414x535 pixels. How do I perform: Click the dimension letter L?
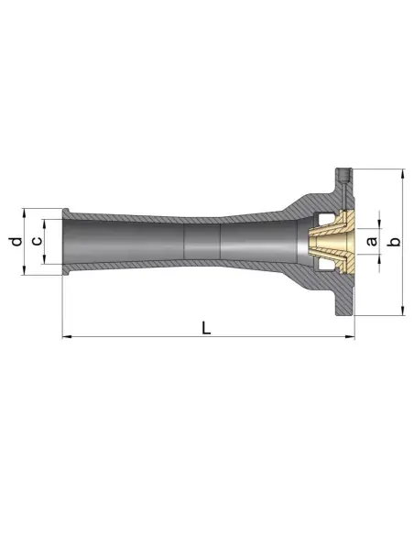pyautogui.click(x=207, y=326)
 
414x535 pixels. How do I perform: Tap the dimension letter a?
pyautogui.click(x=371, y=242)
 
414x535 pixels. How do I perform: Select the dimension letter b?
pyautogui.click(x=394, y=242)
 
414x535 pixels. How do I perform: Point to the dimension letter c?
pyautogui.click(x=36, y=241)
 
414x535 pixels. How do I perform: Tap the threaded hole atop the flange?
pyautogui.click(x=343, y=174)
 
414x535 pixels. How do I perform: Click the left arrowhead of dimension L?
pyautogui.click(x=66, y=338)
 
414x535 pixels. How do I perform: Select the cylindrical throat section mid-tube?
pyautogui.click(x=202, y=242)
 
